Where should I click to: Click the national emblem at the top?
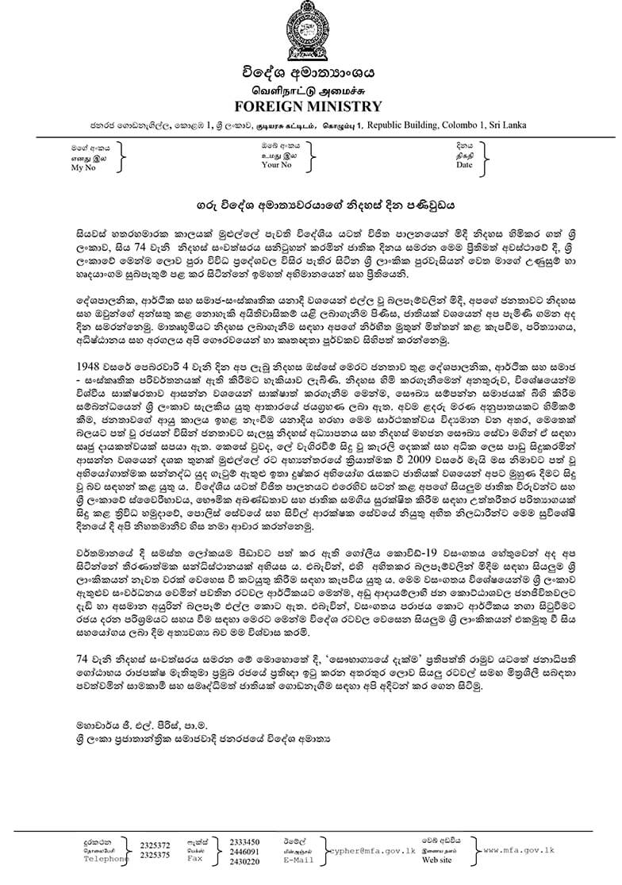(x=310, y=32)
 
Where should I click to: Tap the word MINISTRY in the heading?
(x=344, y=106)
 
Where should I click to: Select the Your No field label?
(x=277, y=166)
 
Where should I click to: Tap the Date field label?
(x=464, y=165)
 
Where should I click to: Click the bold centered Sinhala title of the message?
(x=310, y=203)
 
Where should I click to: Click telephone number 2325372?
(x=154, y=843)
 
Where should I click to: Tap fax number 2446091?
(x=244, y=850)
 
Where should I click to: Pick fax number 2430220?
(x=244, y=860)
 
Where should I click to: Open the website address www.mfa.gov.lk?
(x=519, y=849)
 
